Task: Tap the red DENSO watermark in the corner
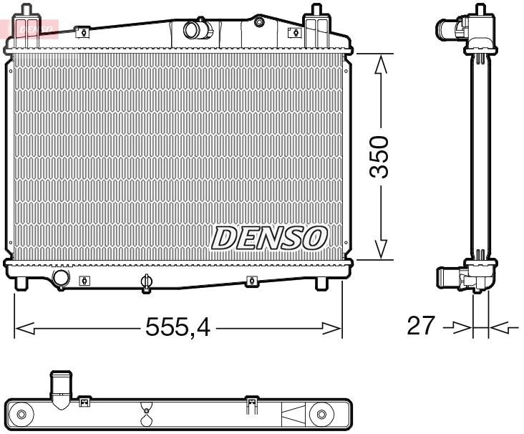(x=29, y=28)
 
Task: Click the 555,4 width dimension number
(x=178, y=327)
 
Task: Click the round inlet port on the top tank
(x=194, y=30)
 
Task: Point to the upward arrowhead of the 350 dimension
(x=382, y=64)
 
